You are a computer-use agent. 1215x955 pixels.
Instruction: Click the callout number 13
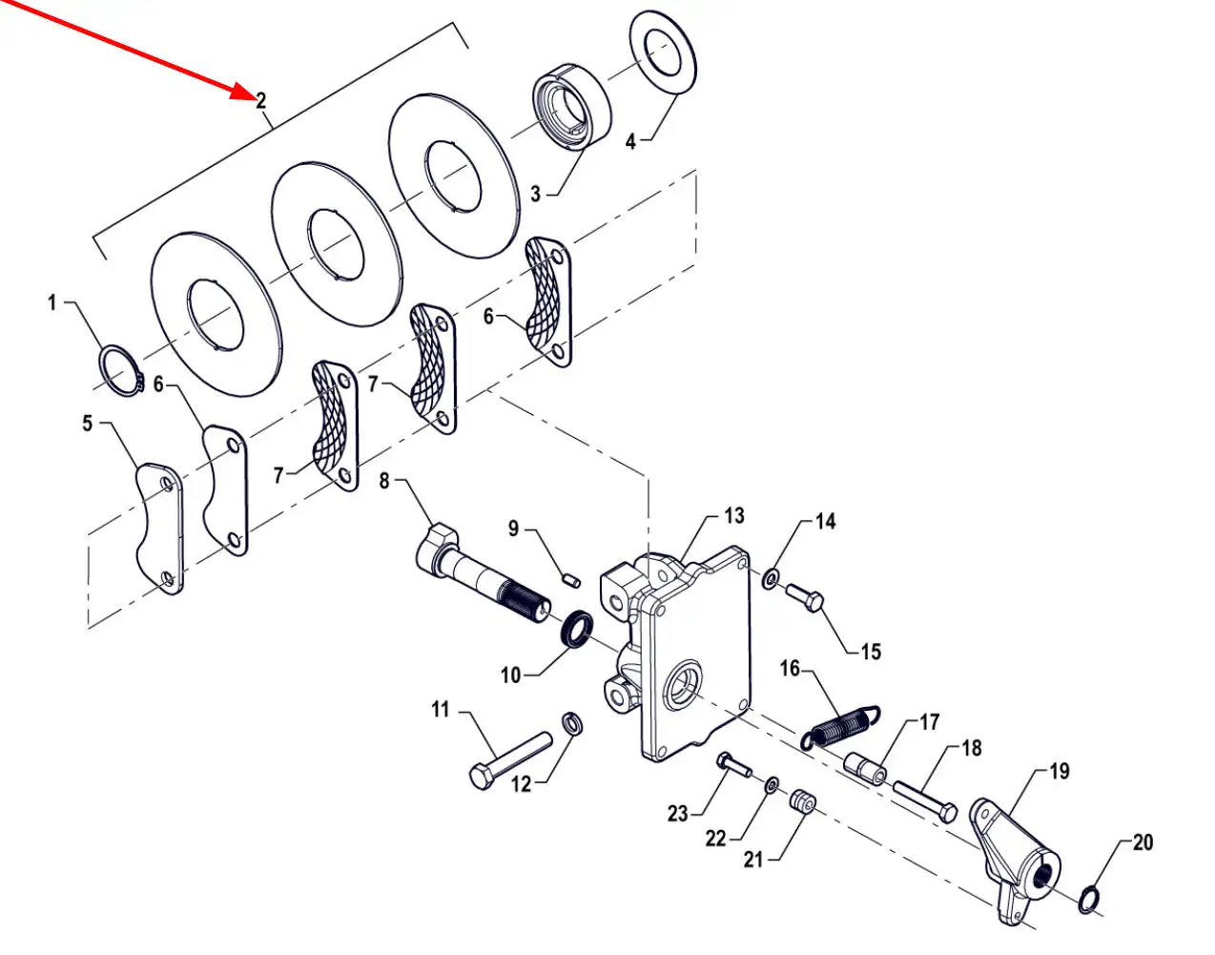tap(733, 516)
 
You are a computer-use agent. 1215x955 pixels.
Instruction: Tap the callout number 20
tap(1143, 842)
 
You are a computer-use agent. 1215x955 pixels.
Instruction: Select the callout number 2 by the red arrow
tap(260, 100)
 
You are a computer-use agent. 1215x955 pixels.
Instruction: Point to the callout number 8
tap(384, 480)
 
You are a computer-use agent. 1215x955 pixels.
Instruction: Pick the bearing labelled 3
tap(570, 108)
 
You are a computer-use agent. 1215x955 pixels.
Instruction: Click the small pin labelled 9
tap(570, 575)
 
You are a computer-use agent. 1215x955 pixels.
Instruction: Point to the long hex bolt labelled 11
tap(510, 758)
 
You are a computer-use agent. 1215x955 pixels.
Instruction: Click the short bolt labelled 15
tap(804, 597)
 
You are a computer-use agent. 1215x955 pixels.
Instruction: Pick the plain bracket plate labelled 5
tap(158, 528)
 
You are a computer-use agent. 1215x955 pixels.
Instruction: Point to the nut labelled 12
tap(572, 724)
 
